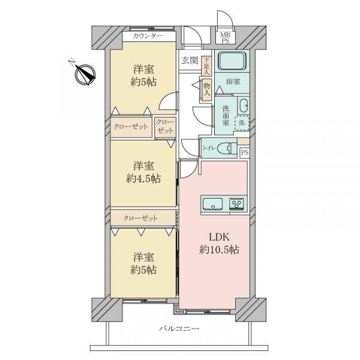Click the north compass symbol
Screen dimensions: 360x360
pyautogui.click(x=85, y=74)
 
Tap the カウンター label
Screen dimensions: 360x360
pyautogui.click(x=148, y=36)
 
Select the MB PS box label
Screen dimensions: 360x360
pyautogui.click(x=225, y=38)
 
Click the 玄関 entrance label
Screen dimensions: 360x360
pyautogui.click(x=190, y=61)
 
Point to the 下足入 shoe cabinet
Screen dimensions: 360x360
pyautogui.click(x=206, y=67)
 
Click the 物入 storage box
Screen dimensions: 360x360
pyautogui.click(x=207, y=89)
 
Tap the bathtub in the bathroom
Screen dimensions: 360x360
pyautogui.click(x=232, y=61)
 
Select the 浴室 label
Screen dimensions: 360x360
pyautogui.click(x=233, y=81)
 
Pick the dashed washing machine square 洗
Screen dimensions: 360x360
pyautogui.click(x=242, y=123)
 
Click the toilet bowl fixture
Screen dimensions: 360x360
pyautogui.click(x=227, y=148)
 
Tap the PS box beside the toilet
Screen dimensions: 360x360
pyautogui.click(x=245, y=152)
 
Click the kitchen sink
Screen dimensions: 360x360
pyautogui.click(x=213, y=204)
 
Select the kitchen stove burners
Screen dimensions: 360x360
pyautogui.click(x=237, y=204)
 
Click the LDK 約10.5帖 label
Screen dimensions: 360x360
pyautogui.click(x=219, y=244)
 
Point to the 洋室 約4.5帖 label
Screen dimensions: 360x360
pyautogui.click(x=143, y=172)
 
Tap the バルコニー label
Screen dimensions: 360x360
pyautogui.click(x=179, y=329)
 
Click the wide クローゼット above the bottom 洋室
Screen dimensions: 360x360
pyautogui.click(x=143, y=218)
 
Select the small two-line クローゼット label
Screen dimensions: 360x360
pyautogui.click(x=164, y=126)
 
